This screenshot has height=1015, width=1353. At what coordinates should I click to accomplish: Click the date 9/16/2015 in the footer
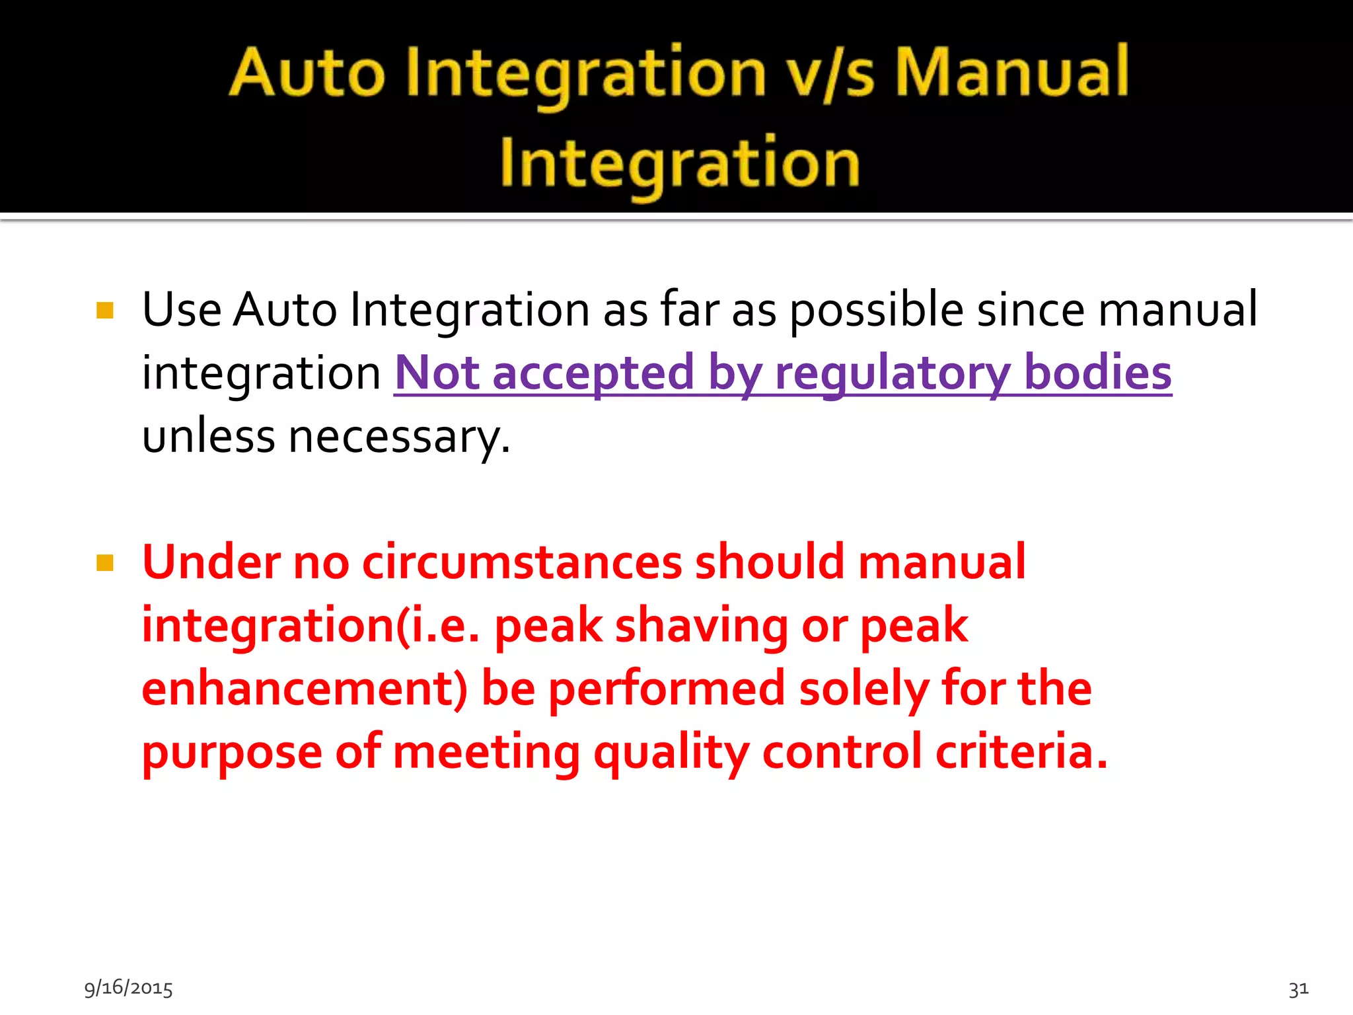coord(128,988)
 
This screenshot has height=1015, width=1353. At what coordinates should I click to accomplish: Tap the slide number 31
coord(1298,989)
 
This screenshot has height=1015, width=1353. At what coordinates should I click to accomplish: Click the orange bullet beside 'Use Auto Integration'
coord(105,310)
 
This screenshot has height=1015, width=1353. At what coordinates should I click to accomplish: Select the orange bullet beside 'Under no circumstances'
coord(105,563)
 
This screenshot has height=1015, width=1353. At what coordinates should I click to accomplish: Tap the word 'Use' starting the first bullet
coord(182,309)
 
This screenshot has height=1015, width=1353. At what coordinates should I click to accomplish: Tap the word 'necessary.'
coord(400,437)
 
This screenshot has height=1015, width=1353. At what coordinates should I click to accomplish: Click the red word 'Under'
coord(211,562)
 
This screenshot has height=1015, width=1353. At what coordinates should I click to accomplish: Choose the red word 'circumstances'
coord(522,562)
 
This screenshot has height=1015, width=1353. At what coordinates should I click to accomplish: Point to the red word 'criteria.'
coord(1021,752)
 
